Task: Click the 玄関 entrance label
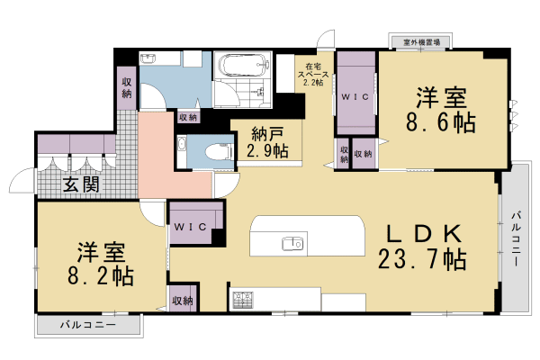[81, 185]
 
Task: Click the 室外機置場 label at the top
[420, 41]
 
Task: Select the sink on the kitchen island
[292, 243]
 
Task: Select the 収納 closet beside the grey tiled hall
[127, 88]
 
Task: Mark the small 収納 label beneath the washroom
[188, 117]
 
